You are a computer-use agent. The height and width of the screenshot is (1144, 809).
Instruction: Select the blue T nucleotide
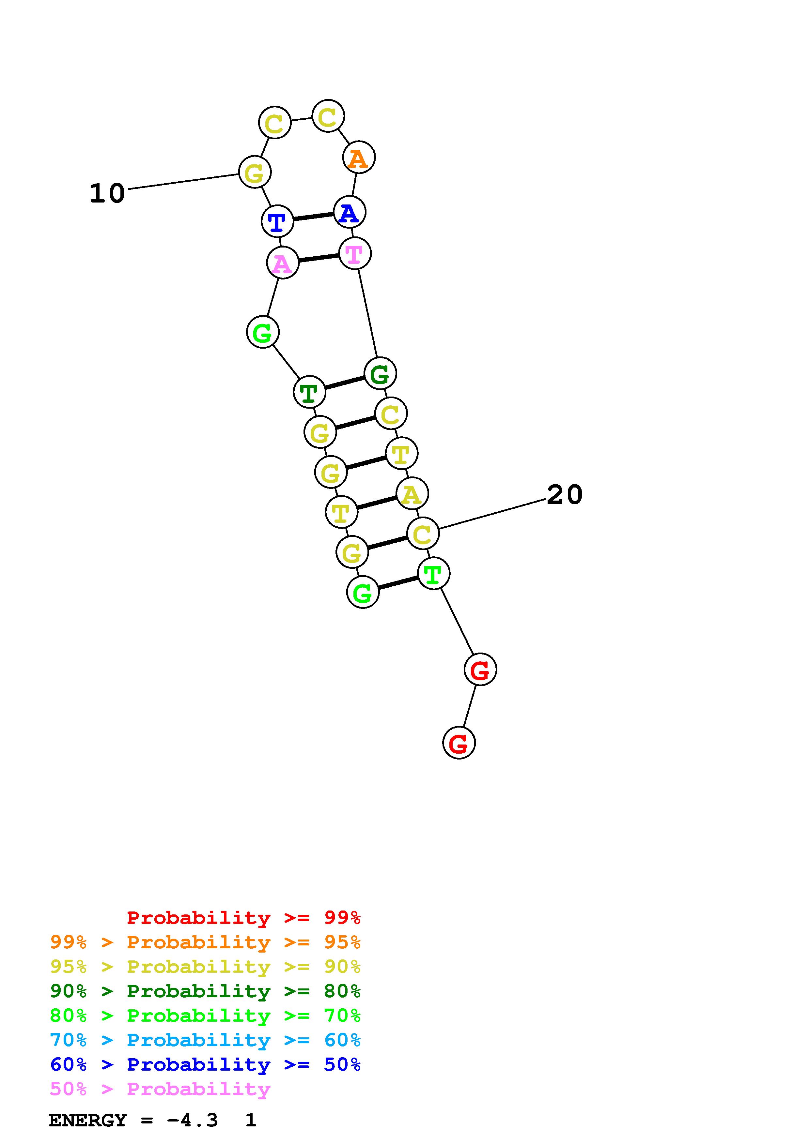(277, 221)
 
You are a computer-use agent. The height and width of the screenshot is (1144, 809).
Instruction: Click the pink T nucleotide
(355, 254)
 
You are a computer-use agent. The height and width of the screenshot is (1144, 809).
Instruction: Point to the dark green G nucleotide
(380, 373)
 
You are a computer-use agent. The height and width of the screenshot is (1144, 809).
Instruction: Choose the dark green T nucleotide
(310, 392)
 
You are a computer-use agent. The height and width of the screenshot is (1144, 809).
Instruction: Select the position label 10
(107, 193)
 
